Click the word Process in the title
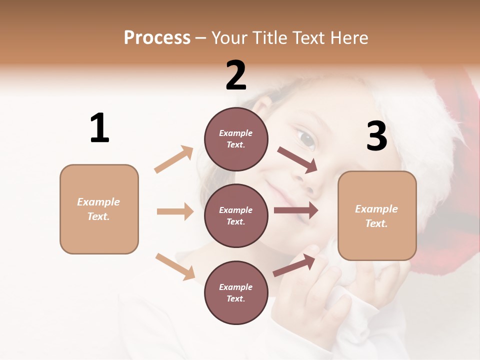tap(157, 37)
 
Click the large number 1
tap(99, 128)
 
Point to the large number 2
tap(236, 75)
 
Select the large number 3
tap(376, 136)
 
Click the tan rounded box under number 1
tap(99, 209)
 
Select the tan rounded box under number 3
tap(377, 215)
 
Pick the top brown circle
tap(236, 139)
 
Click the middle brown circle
tap(236, 215)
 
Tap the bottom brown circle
tap(236, 292)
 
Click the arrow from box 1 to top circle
tap(174, 159)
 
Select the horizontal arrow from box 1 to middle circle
tap(175, 211)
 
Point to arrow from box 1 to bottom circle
tap(175, 266)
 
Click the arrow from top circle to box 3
tap(297, 160)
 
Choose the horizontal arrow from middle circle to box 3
tap(295, 210)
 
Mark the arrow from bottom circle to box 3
tap(294, 265)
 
